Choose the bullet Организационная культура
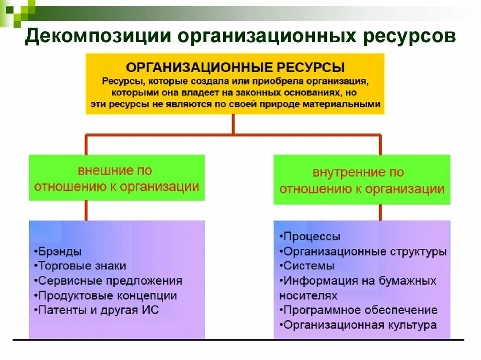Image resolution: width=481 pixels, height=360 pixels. pyautogui.click(x=359, y=325)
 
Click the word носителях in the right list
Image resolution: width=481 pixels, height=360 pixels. pyautogui.click(x=308, y=296)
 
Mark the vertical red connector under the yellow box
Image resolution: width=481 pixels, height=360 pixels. pyautogui.click(x=233, y=124)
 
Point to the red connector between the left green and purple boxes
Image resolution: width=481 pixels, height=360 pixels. pyautogui.click(x=86, y=210)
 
